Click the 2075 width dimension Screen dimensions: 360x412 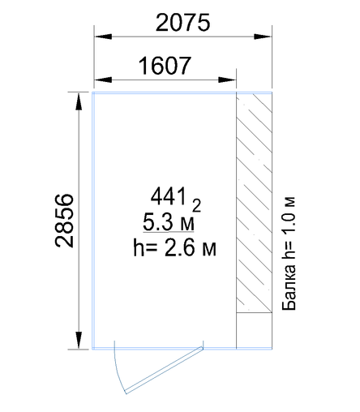pyautogui.click(x=182, y=23)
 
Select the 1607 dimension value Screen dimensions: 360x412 pyautogui.click(x=165, y=66)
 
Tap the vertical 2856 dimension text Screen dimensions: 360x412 pyautogui.click(x=64, y=221)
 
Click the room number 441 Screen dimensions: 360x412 pyautogui.click(x=169, y=196)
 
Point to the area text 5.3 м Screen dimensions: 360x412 pyautogui.click(x=169, y=222)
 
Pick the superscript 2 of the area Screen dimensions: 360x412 pyautogui.click(x=196, y=206)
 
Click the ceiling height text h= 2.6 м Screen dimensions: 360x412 pyautogui.click(x=174, y=247)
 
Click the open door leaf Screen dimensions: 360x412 pyautogui.click(x=164, y=370)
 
